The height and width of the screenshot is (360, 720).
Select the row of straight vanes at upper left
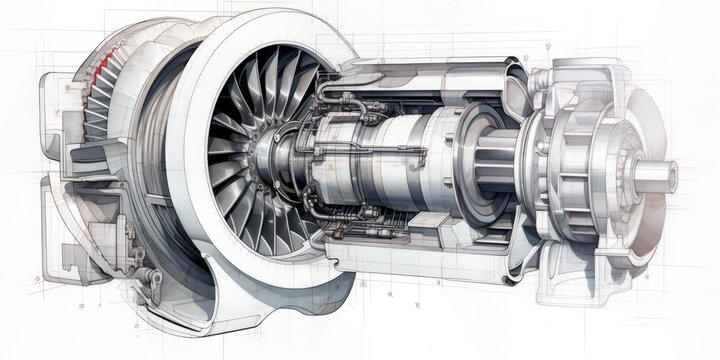[x=104, y=100]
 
